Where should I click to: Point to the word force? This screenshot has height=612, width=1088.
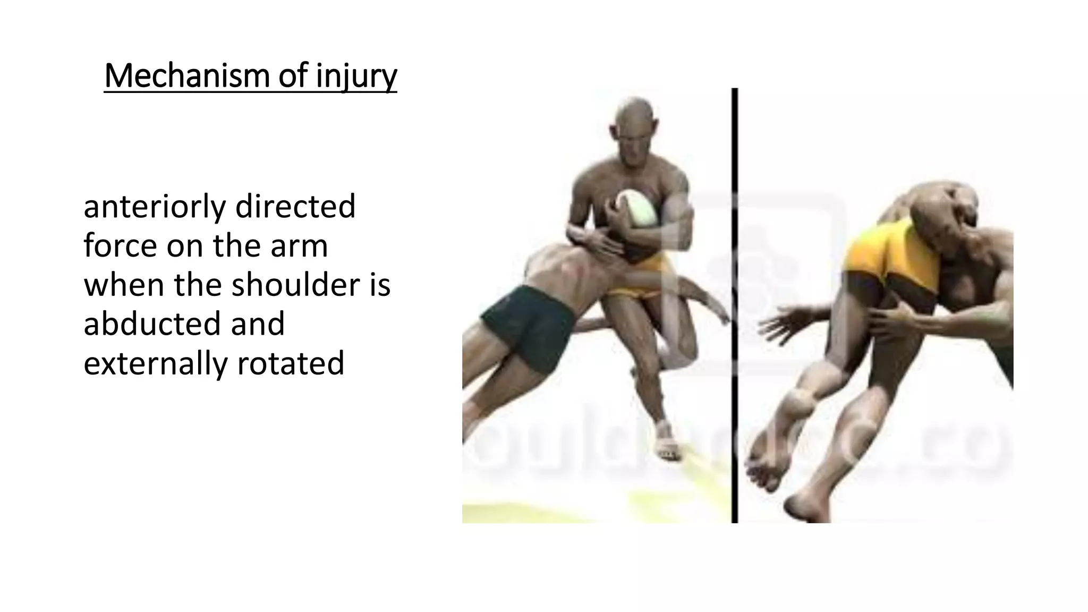tap(121, 246)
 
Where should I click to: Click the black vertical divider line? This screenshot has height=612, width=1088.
tap(735, 305)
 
